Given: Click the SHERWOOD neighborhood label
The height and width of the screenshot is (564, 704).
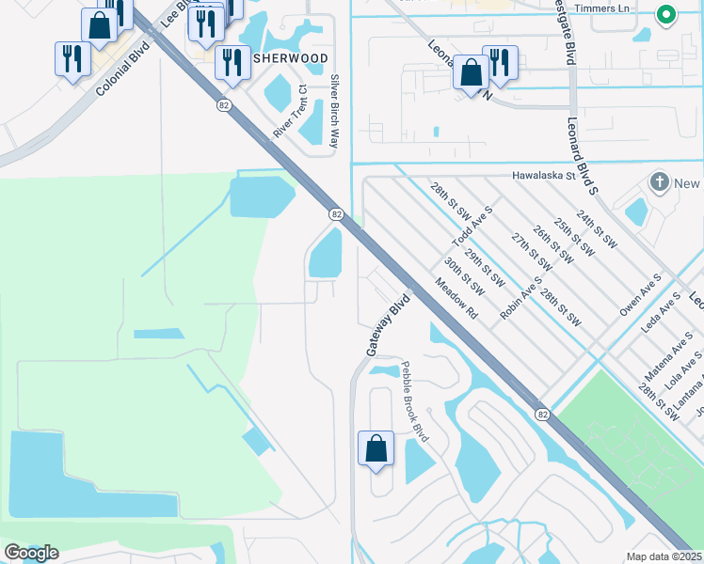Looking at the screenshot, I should pos(290,58).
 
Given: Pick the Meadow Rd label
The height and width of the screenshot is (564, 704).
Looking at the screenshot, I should pos(456,298).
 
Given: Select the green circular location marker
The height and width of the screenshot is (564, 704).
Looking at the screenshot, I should pos(665,15).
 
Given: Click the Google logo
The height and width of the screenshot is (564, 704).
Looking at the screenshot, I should pos(31,553).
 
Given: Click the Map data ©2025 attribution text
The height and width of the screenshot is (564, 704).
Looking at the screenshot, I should pos(664,556).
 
